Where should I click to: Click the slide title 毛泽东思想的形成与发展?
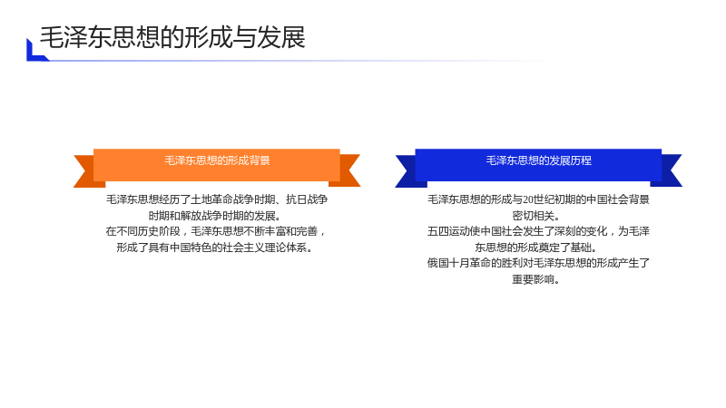172,37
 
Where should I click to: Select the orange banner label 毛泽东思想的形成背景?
217,160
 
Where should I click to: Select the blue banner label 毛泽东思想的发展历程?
538,160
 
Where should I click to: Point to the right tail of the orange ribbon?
348,170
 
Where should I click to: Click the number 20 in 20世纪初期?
528,199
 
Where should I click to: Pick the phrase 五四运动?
448,231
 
